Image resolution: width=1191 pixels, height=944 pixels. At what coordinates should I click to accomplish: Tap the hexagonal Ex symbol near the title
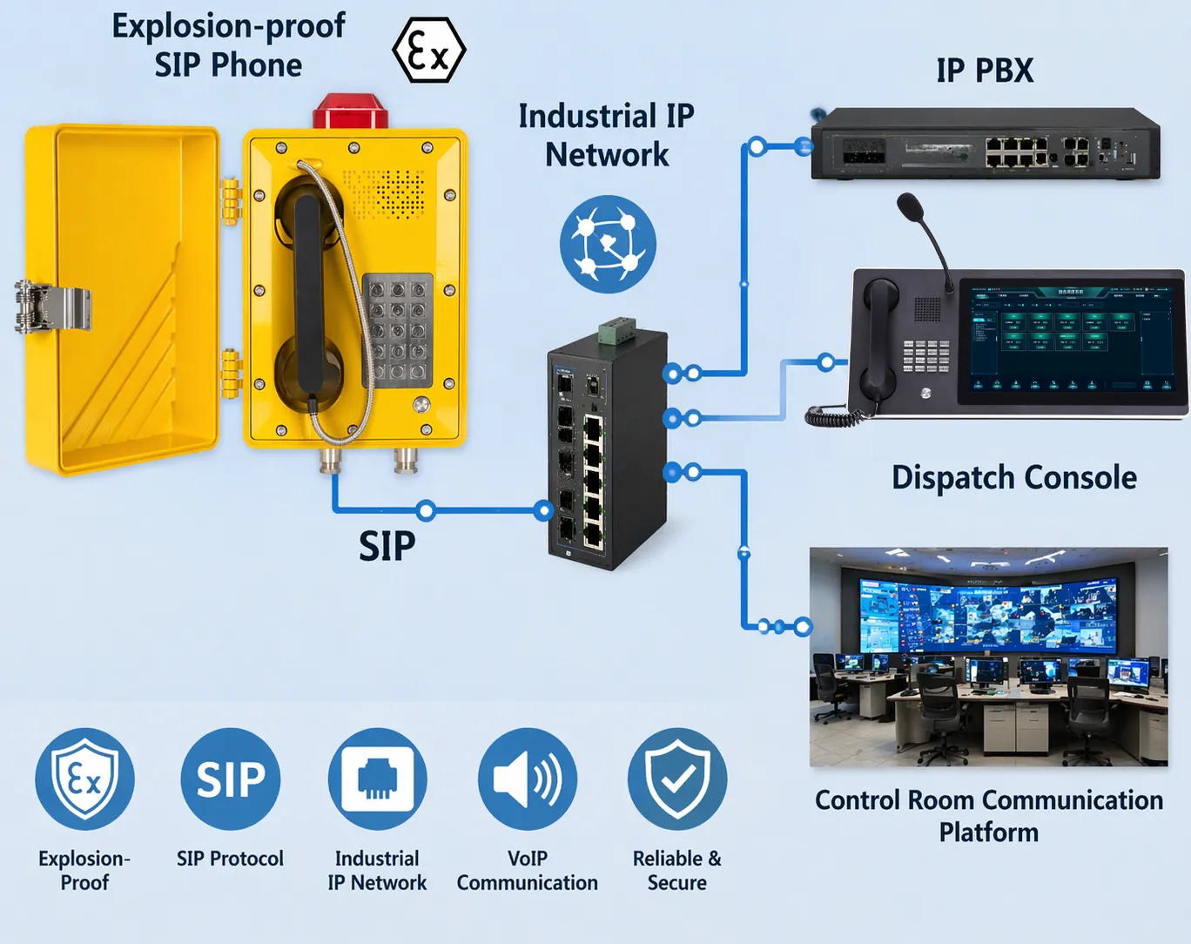(x=428, y=51)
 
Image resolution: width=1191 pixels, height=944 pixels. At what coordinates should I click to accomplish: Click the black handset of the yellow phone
(x=308, y=296)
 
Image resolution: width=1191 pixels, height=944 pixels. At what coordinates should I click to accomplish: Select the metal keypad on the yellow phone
(x=398, y=330)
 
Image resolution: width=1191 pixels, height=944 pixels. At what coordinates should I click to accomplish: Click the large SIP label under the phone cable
(x=387, y=546)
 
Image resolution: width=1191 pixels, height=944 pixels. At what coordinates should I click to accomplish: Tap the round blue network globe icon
(x=608, y=244)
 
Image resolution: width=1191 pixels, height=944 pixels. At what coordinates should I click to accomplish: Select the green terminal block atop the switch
(x=617, y=331)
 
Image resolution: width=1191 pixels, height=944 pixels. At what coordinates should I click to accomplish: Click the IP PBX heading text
(x=985, y=71)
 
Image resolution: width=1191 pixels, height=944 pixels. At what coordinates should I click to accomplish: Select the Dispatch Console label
(x=1014, y=478)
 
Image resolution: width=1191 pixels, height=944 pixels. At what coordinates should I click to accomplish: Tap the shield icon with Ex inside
(x=84, y=779)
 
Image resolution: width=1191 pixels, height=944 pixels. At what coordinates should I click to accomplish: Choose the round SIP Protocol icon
(x=231, y=779)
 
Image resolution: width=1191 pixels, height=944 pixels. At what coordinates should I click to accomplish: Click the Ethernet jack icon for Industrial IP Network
(x=377, y=779)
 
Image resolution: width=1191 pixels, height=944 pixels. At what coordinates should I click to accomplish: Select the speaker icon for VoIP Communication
(x=527, y=779)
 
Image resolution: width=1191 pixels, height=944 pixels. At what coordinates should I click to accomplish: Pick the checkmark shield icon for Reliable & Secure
(x=676, y=779)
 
